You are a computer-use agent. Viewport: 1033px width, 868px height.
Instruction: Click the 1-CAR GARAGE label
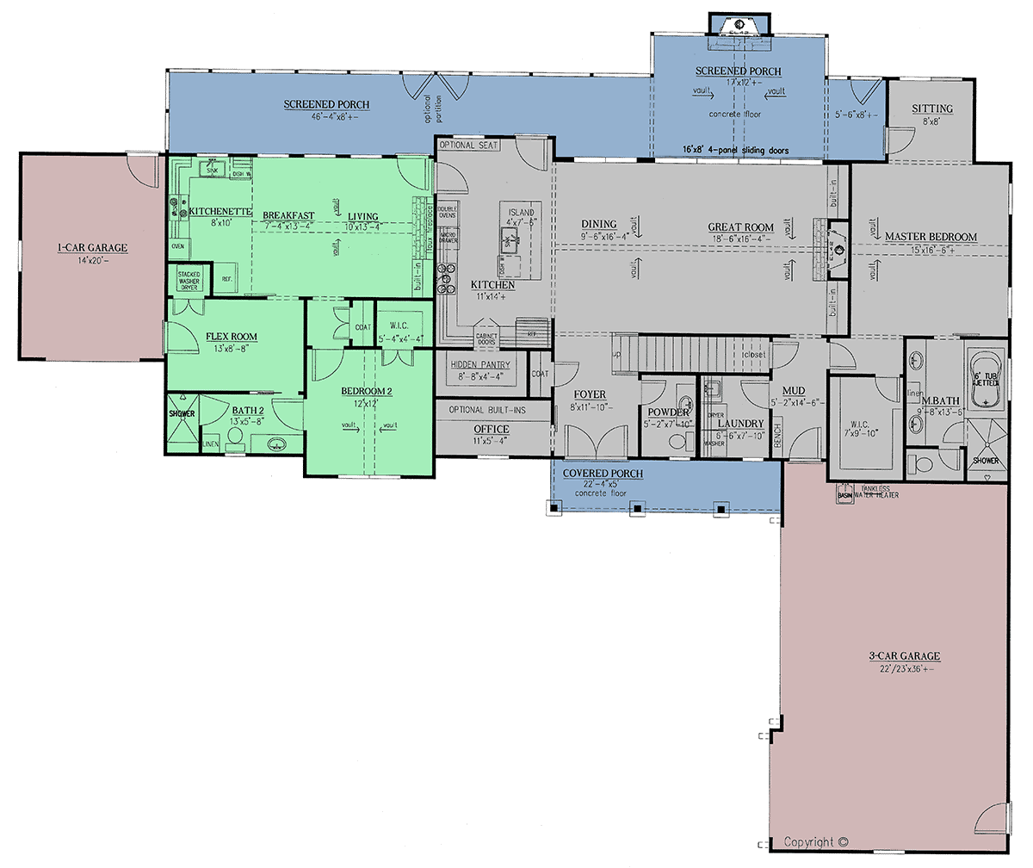coord(92,248)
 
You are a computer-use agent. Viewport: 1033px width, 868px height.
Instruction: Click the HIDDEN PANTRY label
coord(480,365)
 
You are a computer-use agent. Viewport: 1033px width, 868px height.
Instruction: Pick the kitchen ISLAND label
coord(520,212)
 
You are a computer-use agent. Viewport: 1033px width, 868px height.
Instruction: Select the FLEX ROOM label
coord(231,337)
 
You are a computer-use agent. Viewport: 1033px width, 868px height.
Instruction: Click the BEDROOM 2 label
coord(367,392)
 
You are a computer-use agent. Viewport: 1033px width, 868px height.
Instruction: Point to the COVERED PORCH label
coord(603,474)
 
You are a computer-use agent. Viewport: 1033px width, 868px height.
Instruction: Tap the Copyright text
coord(816,842)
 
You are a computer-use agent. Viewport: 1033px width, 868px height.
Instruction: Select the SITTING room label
coord(931,108)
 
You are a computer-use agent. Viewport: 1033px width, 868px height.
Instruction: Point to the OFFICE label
coord(492,429)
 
